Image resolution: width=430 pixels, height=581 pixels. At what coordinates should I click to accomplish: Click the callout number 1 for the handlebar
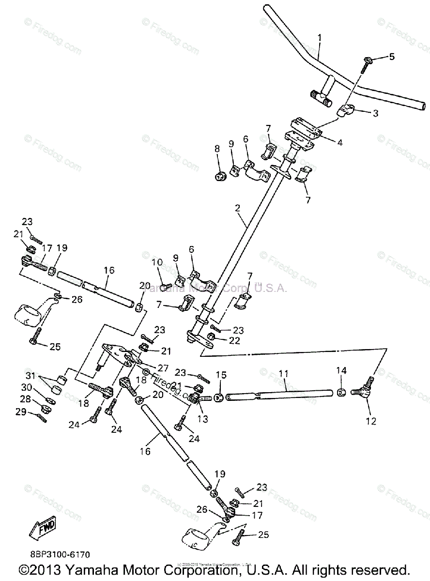pos(319,37)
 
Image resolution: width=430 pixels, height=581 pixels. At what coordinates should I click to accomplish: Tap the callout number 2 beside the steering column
pos(238,208)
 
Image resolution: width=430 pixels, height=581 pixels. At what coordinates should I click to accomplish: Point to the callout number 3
pos(375,113)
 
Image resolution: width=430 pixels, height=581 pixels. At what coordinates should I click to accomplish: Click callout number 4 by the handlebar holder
pos(340,142)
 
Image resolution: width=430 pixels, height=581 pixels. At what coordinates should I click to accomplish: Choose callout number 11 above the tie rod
pos(284,374)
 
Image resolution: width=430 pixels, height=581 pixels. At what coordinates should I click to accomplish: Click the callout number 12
pos(371,421)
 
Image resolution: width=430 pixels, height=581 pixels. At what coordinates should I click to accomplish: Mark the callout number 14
pos(341,371)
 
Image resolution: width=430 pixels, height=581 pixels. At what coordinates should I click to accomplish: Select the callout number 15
pos(221,375)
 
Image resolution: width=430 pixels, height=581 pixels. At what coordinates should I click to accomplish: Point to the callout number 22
pos(234,341)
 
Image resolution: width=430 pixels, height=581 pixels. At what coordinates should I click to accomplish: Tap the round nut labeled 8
pos(220,176)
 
